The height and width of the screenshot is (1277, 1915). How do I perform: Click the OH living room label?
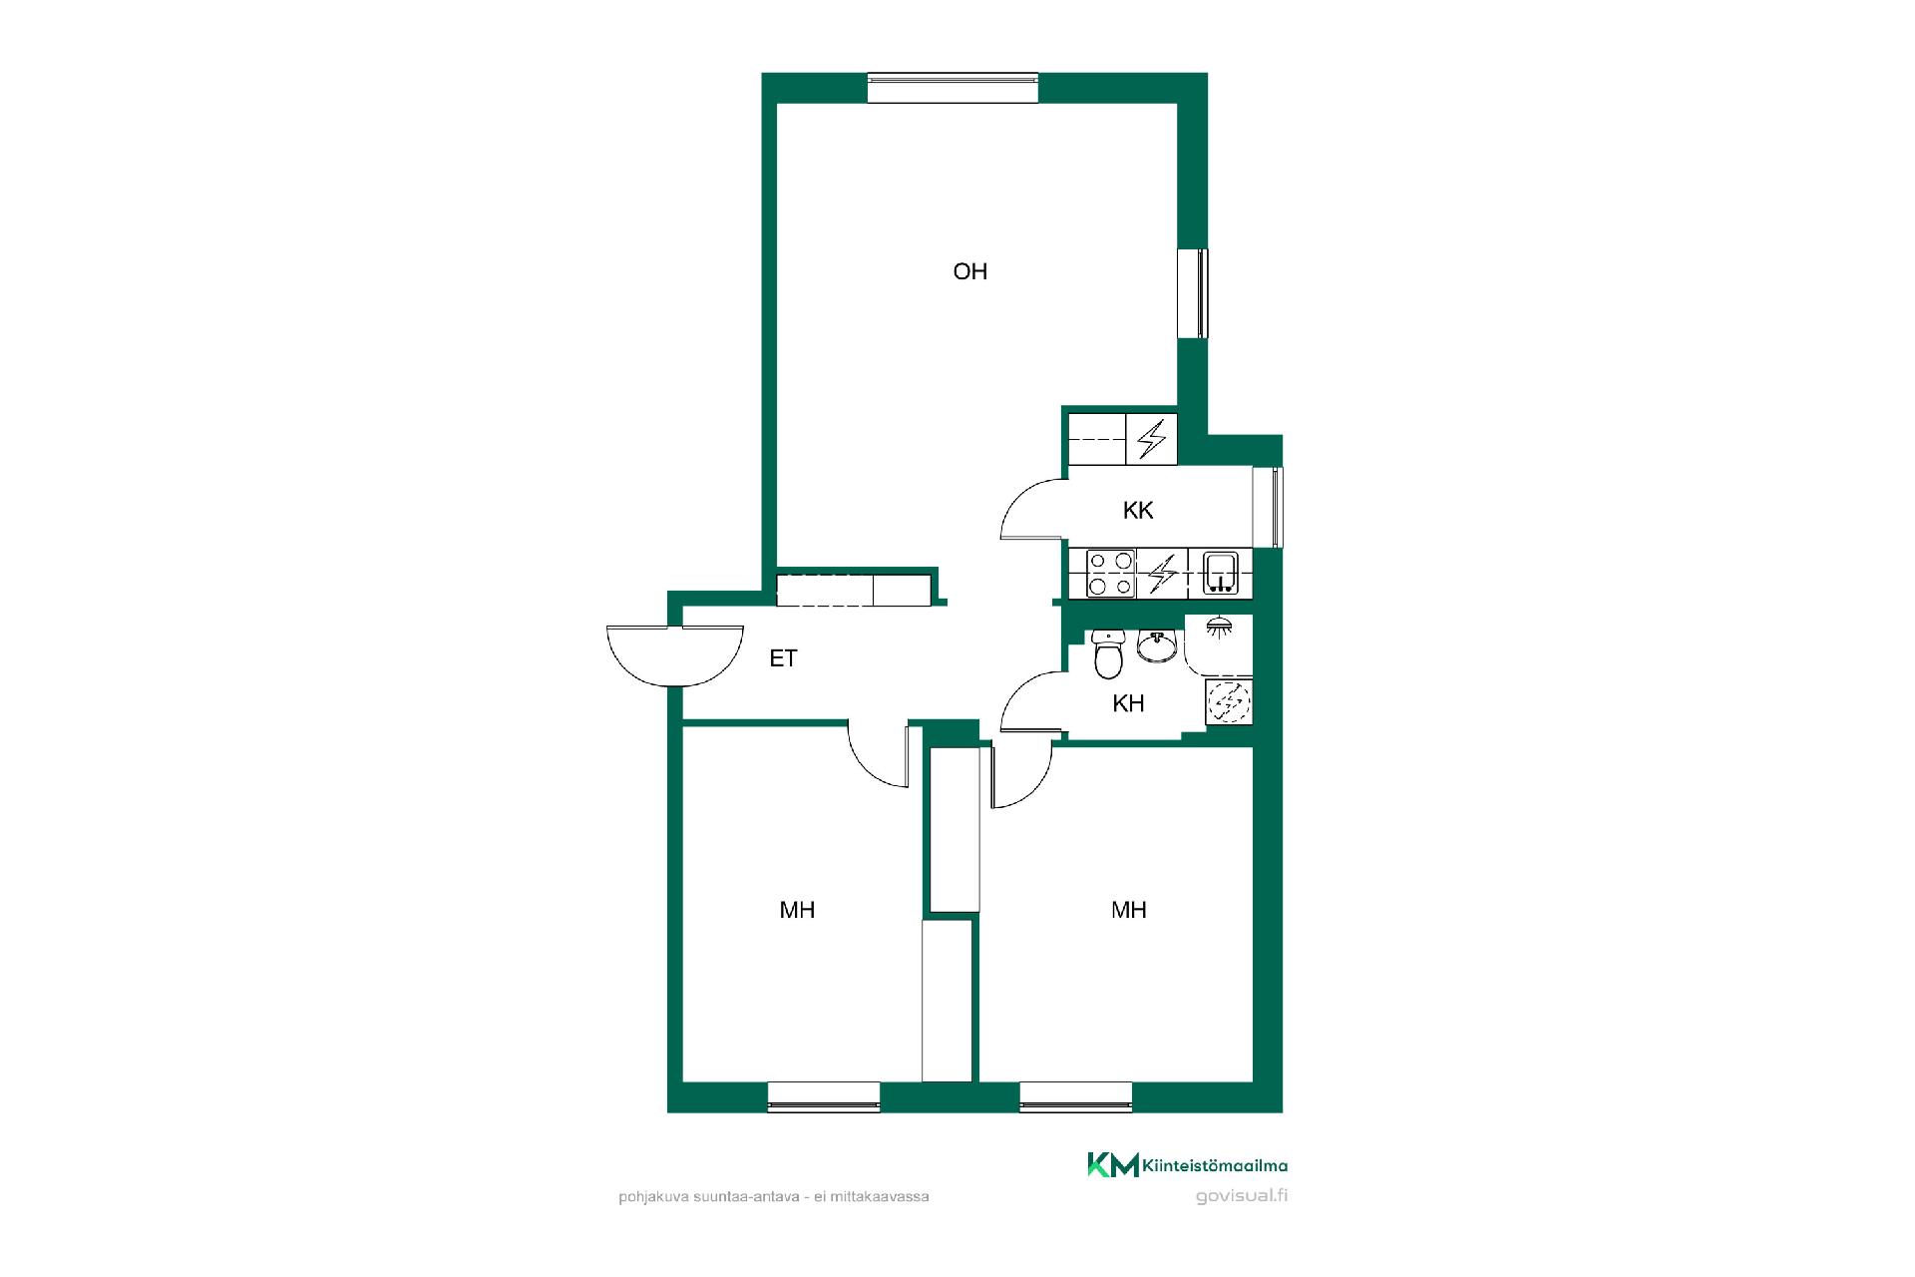coord(969,271)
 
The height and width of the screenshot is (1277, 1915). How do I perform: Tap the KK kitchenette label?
coord(1138,511)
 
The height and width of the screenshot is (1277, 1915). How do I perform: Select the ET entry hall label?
coord(783,658)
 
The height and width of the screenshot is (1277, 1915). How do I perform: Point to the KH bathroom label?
coord(1128,703)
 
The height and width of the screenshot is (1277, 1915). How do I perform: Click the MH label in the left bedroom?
coord(797,910)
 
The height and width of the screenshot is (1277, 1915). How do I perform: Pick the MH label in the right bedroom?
coord(1129,910)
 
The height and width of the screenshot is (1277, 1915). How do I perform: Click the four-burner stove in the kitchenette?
coord(1111,574)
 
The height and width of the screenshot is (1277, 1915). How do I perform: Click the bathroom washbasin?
coord(1156,645)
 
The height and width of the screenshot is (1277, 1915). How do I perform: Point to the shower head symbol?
coord(1217,627)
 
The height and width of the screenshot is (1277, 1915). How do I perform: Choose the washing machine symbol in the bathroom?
coord(1229,700)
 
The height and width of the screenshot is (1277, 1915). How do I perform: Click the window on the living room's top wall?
coord(953,88)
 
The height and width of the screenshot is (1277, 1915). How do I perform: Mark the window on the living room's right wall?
coord(1193,293)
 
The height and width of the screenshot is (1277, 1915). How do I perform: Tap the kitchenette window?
coord(1268,507)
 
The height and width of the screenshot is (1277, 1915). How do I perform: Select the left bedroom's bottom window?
coord(824,1096)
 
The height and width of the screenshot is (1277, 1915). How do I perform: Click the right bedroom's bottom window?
coord(1076,1096)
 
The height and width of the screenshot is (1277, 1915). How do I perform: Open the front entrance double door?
coord(675,655)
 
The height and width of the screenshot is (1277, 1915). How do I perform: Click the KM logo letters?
coord(1112,1164)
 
